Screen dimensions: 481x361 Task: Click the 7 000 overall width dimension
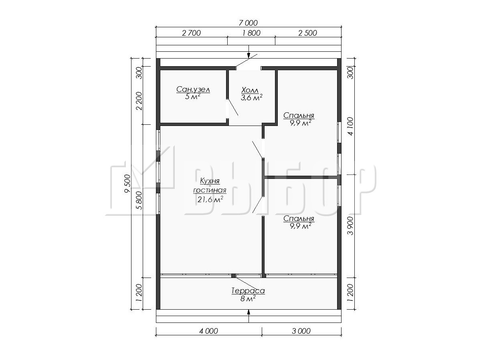point(248,23)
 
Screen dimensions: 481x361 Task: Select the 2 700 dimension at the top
point(191,33)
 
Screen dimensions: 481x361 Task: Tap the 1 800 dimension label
point(251,33)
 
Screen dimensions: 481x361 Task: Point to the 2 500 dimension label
point(308,33)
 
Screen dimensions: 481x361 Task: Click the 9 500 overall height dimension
point(127,183)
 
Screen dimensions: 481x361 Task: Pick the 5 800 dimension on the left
point(139,200)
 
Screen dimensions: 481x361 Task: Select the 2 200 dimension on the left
point(139,101)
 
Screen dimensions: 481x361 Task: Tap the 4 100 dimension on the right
point(351,126)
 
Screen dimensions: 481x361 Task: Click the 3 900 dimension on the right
point(351,226)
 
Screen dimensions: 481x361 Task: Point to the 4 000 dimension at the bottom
point(208,331)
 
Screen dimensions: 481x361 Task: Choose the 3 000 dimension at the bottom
point(301,331)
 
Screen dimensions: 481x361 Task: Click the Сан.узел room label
point(193,89)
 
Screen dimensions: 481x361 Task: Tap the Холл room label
point(250,90)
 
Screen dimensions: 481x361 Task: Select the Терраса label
point(248,291)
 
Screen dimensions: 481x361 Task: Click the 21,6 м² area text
point(210,199)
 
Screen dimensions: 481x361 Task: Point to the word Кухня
point(210,181)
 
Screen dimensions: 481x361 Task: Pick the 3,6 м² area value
point(252,97)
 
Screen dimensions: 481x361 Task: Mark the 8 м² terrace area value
point(248,298)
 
